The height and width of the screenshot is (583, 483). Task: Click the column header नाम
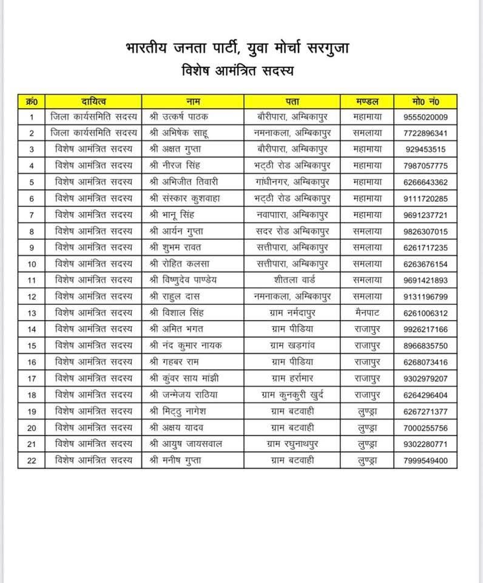[x=192, y=101]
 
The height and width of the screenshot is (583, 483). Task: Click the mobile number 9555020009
[x=425, y=117]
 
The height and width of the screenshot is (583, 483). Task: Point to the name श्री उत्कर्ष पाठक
[x=178, y=117]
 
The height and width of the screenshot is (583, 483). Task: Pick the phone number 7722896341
[x=425, y=133]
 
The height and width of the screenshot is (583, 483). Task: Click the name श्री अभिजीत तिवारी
[x=183, y=182]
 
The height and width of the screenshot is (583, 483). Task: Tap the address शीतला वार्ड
[x=294, y=280]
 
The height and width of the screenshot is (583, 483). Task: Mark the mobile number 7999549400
[x=425, y=461]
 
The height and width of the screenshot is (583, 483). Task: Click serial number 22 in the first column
[x=32, y=461]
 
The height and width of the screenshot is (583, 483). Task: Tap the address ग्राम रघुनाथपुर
[x=294, y=445]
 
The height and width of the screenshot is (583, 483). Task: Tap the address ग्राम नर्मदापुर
[x=294, y=313]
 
